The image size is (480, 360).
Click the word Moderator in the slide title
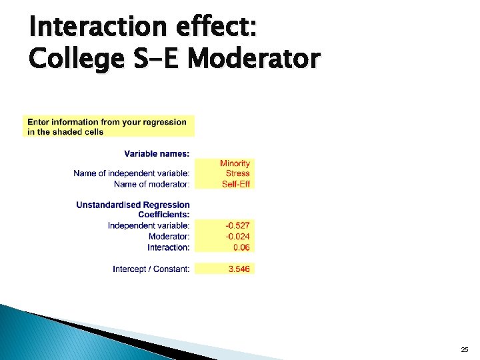[253, 59]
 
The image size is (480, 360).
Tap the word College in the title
[73, 59]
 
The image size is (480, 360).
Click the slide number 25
[464, 349]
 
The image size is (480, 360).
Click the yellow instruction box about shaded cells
[109, 127]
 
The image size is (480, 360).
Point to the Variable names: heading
[157, 153]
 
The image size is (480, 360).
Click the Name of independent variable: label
[131, 173]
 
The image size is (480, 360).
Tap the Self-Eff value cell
[235, 184]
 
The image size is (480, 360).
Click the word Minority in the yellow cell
[235, 163]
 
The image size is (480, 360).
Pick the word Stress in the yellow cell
[237, 173]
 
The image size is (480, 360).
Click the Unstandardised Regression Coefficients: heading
[133, 209]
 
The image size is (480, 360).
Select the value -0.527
[237, 226]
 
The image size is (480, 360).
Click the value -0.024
[237, 237]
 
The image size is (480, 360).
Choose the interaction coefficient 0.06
[241, 247]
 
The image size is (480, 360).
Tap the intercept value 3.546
[239, 269]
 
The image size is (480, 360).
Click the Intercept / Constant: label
[151, 269]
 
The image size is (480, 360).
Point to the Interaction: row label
[168, 247]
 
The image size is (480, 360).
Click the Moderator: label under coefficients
[169, 237]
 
